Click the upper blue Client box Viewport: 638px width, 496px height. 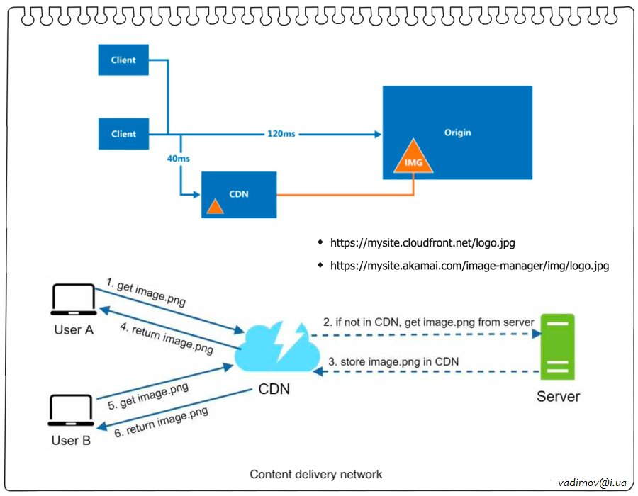123,60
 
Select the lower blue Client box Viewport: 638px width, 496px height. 123,134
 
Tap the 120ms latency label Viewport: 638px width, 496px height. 281,134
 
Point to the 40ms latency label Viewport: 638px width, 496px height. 178,158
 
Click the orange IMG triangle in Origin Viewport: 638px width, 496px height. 413,159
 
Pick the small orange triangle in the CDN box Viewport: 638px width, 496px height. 215,206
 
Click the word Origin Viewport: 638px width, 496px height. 457,133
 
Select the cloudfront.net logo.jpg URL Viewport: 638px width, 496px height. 422,243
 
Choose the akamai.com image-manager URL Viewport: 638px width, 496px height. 469,266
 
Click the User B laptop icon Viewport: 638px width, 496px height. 72,411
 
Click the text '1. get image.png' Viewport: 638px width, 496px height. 145,291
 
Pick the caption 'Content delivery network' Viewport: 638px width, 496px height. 316,474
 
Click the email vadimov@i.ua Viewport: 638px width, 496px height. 592,481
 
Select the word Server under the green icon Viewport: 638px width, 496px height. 558,396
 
